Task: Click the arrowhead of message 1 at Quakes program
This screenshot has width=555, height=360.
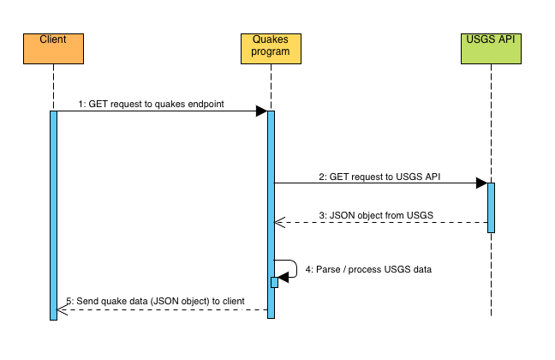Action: click(261, 111)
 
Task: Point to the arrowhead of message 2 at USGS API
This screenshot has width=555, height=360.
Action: click(481, 183)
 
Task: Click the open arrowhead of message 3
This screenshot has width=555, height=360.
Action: click(277, 224)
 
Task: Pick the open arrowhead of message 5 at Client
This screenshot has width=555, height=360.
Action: click(61, 309)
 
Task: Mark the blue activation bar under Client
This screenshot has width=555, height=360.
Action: click(53, 214)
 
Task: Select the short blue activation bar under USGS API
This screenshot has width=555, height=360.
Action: click(492, 206)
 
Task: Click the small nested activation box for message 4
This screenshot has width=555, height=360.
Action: click(275, 282)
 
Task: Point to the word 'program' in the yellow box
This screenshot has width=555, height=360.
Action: click(271, 52)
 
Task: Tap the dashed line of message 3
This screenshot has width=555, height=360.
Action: click(385, 224)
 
